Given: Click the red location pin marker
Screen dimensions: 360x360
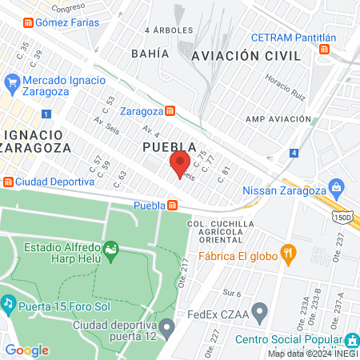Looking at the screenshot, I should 180,162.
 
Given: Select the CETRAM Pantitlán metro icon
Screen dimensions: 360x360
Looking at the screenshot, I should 323,50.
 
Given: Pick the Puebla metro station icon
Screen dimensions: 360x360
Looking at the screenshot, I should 172,206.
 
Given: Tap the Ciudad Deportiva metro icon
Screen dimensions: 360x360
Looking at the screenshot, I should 8,180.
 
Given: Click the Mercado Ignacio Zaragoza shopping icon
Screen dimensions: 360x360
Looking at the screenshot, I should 12,82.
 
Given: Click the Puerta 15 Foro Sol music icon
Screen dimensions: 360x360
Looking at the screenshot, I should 8,303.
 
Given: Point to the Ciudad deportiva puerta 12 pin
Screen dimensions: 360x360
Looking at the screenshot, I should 166,327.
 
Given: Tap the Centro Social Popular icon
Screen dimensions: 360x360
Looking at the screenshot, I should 350,339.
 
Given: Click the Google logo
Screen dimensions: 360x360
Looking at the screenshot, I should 26,350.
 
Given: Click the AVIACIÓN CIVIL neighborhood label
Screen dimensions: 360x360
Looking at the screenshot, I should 246,56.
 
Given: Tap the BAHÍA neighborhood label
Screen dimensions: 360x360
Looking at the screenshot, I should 152,53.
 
